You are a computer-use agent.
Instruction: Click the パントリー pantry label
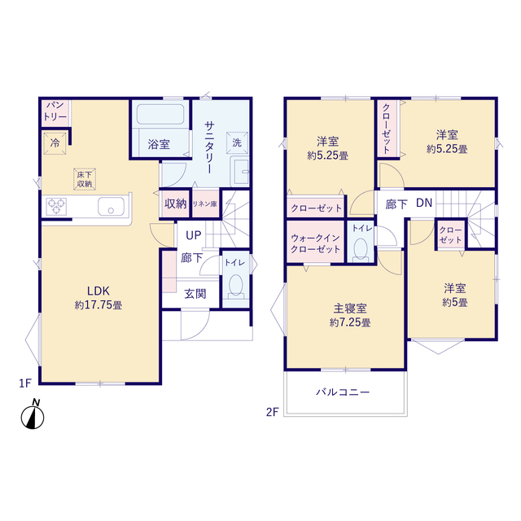tap(55, 112)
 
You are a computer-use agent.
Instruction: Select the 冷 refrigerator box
tap(55, 141)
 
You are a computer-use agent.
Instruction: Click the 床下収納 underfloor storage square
tap(85, 179)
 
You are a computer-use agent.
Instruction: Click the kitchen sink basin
tap(109, 207)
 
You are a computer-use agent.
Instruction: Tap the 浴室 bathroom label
tap(159, 144)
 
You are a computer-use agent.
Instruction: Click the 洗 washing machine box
tap(237, 142)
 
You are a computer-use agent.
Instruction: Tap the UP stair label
tap(193, 235)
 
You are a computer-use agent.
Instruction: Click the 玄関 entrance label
tap(194, 293)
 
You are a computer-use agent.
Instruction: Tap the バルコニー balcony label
tap(343, 392)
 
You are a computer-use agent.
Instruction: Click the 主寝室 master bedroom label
tap(350, 309)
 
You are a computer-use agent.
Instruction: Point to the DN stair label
tap(424, 203)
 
